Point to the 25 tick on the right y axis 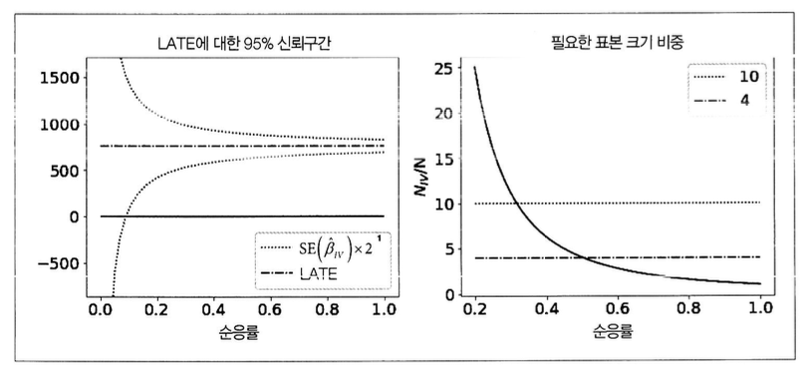(x=449, y=68)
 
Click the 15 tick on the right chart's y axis (x=449, y=158)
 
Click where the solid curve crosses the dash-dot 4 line (x=584, y=257)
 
